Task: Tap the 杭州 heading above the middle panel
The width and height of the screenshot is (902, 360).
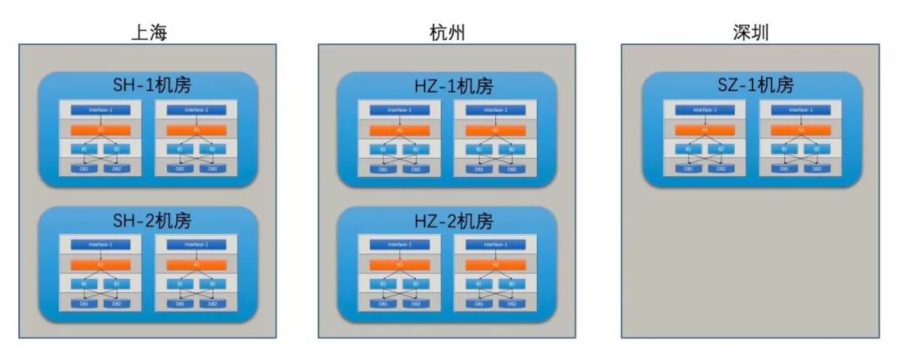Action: (446, 33)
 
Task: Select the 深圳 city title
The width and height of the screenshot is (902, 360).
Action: (749, 33)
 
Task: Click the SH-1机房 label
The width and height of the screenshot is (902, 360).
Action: (148, 86)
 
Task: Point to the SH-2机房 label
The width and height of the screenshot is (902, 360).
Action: (148, 221)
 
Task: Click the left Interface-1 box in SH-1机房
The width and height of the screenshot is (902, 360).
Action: (100, 110)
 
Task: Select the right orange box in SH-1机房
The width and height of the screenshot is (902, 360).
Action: (196, 130)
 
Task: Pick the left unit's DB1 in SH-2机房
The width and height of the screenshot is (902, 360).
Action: (84, 303)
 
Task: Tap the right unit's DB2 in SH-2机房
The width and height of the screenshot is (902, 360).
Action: (212, 303)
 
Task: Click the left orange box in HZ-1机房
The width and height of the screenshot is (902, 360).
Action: (400, 130)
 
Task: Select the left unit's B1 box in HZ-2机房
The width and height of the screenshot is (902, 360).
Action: (384, 284)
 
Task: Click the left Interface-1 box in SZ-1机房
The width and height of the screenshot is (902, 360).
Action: (704, 109)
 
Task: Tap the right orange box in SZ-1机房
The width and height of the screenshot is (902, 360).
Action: (800, 129)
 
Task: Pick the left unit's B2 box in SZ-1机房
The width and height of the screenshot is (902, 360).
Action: (720, 149)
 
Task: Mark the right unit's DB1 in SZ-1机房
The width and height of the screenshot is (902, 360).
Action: (784, 168)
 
